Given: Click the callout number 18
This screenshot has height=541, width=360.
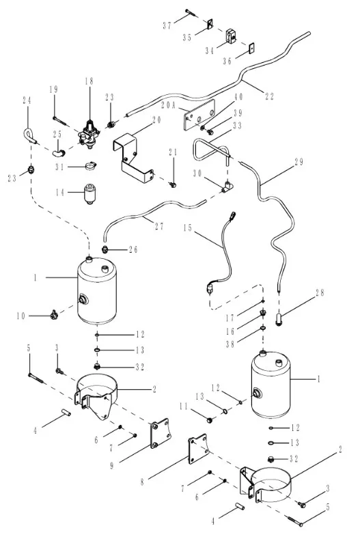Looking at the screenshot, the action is tap(89, 81).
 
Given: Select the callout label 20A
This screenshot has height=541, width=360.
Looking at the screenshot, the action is tap(169, 105).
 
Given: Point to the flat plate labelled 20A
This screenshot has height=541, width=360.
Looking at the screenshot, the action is tap(199, 114).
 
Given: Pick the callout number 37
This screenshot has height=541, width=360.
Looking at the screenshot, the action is tap(167, 25).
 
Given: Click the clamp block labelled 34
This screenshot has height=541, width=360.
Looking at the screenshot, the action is tap(231, 36).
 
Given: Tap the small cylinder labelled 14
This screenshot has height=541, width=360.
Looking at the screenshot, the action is tap(89, 194).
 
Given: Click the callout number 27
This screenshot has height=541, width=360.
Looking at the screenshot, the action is tap(159, 226).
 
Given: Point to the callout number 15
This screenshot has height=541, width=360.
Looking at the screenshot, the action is tap(187, 228).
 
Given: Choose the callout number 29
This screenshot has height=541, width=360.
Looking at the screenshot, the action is tap(299, 162).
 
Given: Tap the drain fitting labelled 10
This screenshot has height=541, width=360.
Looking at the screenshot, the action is tap(53, 314).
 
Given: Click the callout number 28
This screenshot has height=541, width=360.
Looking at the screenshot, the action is tap(320, 293).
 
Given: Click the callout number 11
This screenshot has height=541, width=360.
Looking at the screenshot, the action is tap(183, 407).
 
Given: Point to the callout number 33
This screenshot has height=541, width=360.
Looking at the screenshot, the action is tap(238, 125).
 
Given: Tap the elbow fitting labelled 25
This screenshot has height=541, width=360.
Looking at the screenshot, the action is tap(58, 152).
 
